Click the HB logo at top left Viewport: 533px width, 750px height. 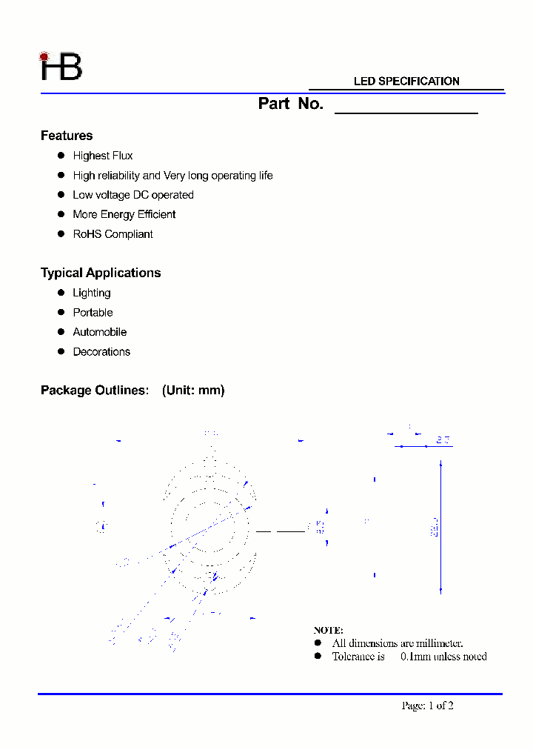61,67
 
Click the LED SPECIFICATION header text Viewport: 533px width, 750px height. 406,82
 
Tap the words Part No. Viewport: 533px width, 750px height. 290,104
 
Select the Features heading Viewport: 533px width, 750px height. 67,136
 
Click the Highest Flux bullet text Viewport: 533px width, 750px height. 103,156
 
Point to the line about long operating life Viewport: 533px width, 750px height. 172,176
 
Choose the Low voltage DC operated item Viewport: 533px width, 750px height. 133,195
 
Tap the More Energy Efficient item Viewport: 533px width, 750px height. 124,214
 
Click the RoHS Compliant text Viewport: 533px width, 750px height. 113,234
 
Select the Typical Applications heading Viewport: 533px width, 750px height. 101,273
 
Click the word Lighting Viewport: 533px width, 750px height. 92,293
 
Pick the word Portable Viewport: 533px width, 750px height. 93,313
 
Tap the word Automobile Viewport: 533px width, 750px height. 100,332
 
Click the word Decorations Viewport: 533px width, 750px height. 101,352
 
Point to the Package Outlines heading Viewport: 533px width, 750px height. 95,391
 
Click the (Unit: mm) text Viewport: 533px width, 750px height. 193,391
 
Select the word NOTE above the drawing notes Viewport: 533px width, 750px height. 328,631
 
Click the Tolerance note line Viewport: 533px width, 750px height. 409,657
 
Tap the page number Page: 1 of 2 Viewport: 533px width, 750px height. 427,706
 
